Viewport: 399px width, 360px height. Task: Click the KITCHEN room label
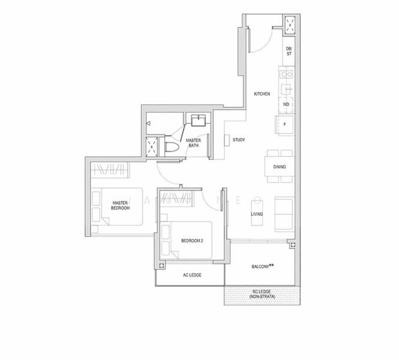(262, 94)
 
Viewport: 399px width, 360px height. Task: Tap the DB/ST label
(289, 51)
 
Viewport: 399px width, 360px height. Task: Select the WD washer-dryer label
(286, 104)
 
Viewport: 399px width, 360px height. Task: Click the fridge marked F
(284, 125)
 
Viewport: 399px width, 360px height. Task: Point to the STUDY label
(238, 140)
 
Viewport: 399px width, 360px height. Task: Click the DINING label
(279, 167)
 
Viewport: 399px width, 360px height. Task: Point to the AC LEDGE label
(191, 275)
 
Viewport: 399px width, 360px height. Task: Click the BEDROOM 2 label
(192, 241)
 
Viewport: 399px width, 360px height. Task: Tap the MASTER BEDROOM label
(121, 205)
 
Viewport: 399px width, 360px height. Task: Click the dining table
(280, 167)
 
